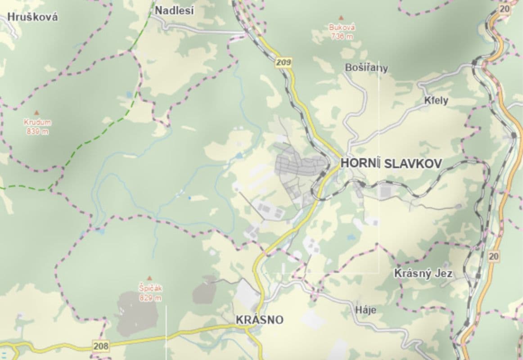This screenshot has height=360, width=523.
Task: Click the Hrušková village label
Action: [33, 17]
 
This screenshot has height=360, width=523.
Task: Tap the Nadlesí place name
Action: [174, 10]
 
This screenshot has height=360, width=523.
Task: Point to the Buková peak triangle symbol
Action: [342, 18]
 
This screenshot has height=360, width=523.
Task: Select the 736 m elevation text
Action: [342, 36]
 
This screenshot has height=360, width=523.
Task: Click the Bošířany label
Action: [366, 68]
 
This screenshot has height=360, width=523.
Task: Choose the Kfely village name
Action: [436, 100]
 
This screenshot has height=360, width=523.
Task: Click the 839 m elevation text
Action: [37, 131]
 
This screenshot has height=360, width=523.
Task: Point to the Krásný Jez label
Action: [423, 273]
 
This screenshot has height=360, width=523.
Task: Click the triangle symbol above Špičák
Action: [150, 278]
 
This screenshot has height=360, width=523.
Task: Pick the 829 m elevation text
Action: [150, 298]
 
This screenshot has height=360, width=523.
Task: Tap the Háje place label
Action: [365, 310]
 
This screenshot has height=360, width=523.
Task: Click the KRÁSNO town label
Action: [260, 320]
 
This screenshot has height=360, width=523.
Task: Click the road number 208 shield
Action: [101, 346]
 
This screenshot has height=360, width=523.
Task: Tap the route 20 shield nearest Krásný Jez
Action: [493, 256]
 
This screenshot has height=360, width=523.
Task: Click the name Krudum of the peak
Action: [37, 122]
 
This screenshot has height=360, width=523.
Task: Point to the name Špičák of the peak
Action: [150, 289]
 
